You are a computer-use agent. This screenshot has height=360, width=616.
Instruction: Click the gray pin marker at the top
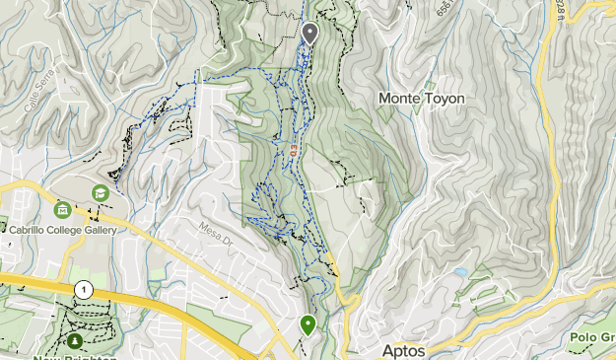309,34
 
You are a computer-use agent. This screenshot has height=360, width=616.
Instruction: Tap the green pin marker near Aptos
308,324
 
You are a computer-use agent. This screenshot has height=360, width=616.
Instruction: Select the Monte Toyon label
421,99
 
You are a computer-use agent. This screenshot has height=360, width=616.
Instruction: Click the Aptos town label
403,351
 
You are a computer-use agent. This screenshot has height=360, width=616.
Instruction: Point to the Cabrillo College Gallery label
63,231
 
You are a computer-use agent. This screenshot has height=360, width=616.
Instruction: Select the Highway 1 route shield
84,289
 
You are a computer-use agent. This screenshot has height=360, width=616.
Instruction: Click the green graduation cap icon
100,192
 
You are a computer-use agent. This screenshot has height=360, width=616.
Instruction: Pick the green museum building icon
63,210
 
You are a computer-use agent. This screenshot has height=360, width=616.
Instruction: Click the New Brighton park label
75,356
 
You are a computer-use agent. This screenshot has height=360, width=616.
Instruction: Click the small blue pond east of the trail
460,270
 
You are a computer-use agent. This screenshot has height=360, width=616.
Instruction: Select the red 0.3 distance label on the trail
294,150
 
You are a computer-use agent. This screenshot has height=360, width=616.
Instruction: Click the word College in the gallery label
69,231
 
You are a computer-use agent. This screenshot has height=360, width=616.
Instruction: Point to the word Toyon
445,99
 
